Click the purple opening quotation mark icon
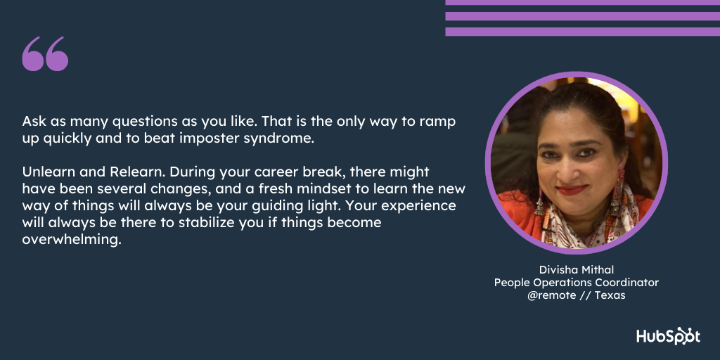point(45,53)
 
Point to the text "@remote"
point(551,295)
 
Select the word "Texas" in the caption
point(610,295)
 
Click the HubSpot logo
point(668,335)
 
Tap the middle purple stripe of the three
point(583,16)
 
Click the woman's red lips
point(572,189)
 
